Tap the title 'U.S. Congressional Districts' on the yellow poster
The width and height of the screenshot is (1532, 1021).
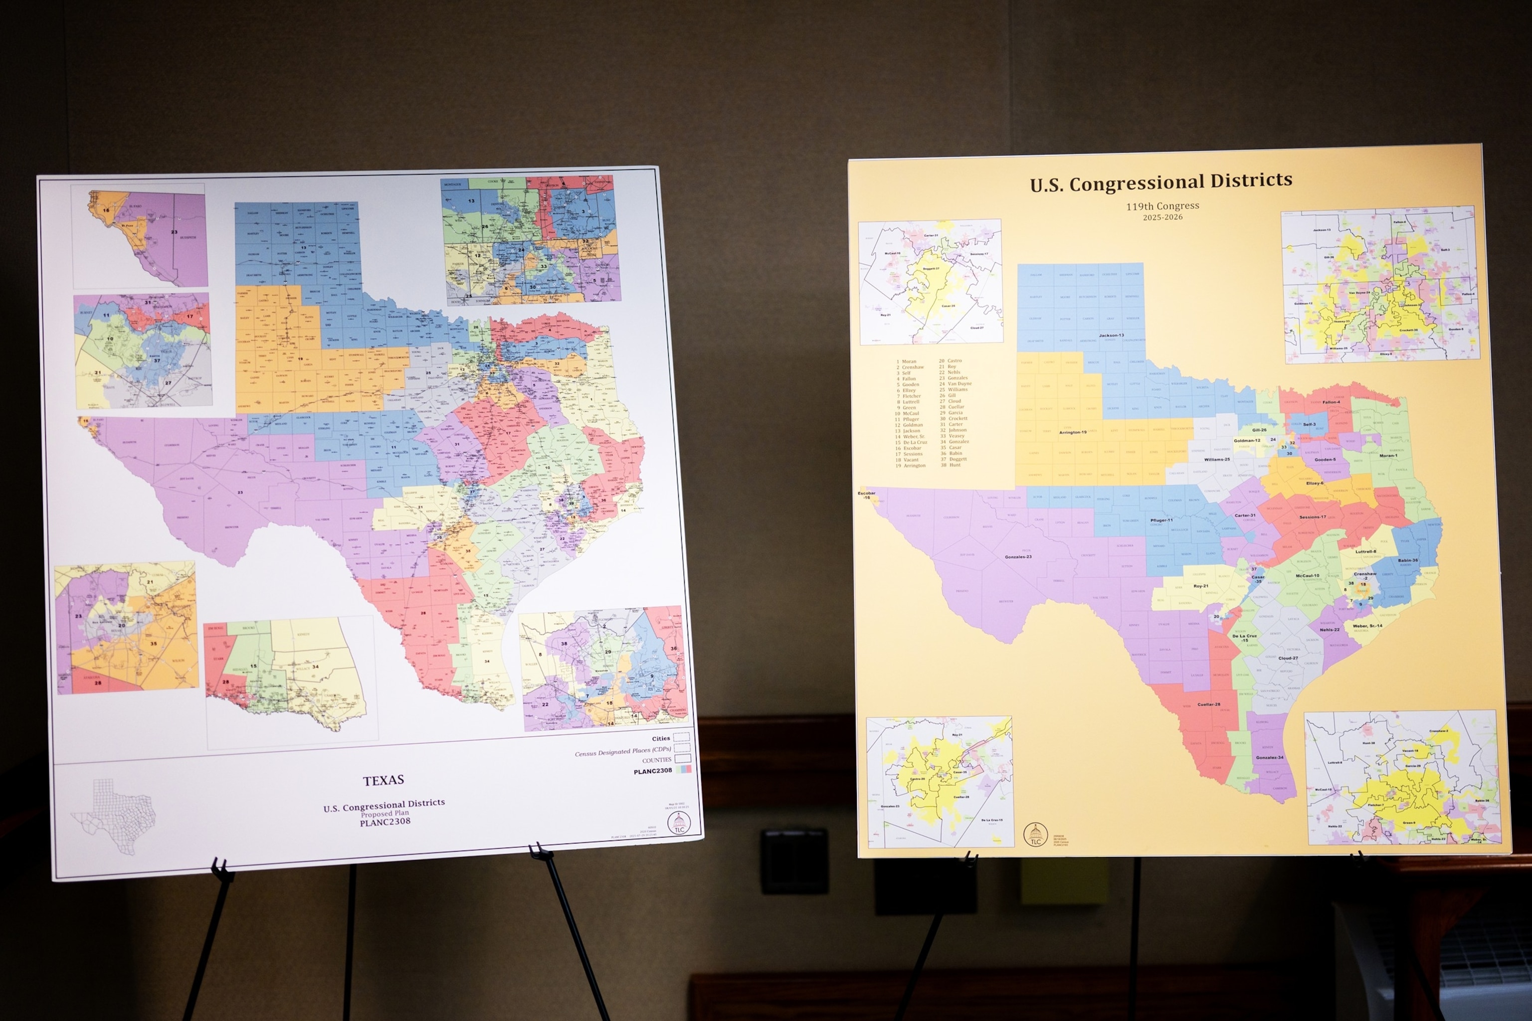pos(1161,182)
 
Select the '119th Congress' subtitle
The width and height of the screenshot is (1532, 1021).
pos(1162,206)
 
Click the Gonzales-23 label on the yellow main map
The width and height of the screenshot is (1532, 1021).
pos(1018,557)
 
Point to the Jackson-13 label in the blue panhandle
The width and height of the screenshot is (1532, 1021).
pos(1111,336)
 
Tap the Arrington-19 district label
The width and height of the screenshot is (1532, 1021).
pos(1072,432)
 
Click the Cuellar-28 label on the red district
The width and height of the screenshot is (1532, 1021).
pos(1209,704)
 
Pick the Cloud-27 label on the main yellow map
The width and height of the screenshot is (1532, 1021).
pos(1288,658)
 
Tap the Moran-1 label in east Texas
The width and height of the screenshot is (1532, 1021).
pos(1387,455)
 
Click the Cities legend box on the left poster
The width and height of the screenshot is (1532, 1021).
pos(681,737)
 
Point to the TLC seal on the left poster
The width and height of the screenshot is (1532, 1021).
pos(679,823)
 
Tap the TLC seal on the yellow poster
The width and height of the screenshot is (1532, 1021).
pos(1035,834)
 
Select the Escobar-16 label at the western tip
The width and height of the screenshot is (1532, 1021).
pos(866,496)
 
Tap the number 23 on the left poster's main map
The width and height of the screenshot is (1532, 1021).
pos(240,492)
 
